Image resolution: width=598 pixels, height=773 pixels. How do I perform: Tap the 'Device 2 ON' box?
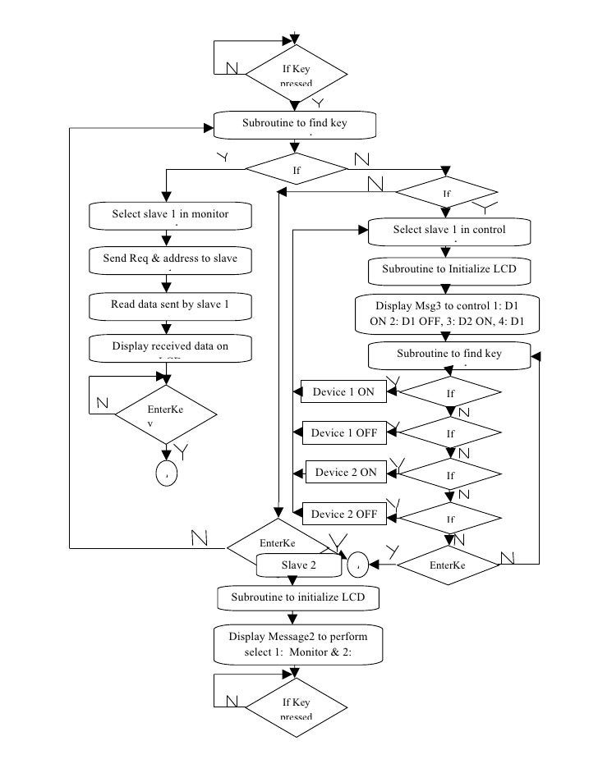(346, 473)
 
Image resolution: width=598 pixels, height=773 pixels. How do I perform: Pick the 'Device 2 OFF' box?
(343, 515)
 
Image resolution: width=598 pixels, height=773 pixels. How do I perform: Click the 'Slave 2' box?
(298, 565)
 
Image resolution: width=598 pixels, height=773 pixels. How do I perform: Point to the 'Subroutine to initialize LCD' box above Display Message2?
(297, 597)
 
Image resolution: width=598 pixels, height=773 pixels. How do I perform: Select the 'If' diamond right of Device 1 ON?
(450, 393)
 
